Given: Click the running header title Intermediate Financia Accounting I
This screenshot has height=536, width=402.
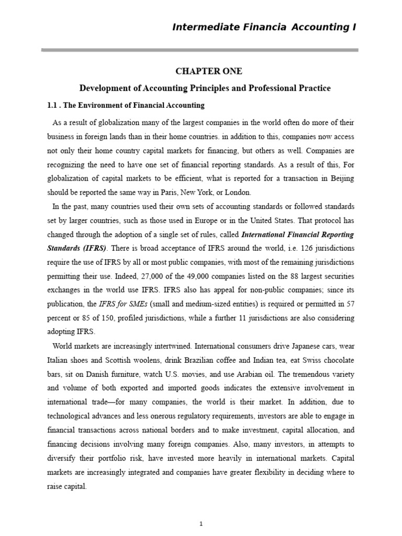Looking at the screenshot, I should (264, 27).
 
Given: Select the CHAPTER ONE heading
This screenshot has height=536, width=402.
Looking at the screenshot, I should (201, 71).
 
